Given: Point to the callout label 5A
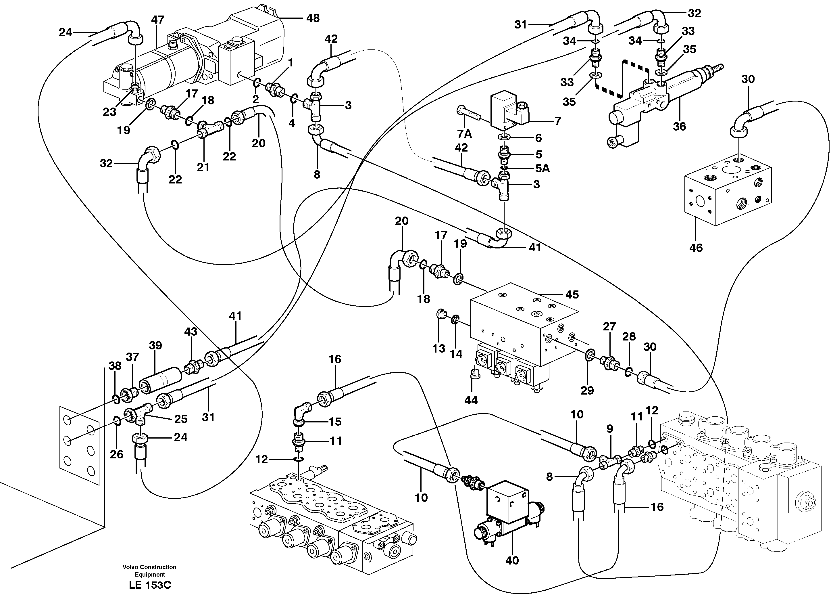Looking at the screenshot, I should [x=542, y=168].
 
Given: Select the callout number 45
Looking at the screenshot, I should [x=572, y=294].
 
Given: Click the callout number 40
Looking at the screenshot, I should [x=512, y=571].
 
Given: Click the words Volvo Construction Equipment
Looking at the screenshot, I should [x=149, y=571].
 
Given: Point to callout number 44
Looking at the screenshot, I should [x=471, y=400].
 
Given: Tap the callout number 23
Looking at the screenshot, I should [x=109, y=112].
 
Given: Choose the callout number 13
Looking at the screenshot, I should [x=438, y=348].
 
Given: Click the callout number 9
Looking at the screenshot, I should [x=609, y=429].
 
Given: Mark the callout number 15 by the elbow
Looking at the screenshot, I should [x=335, y=421].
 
